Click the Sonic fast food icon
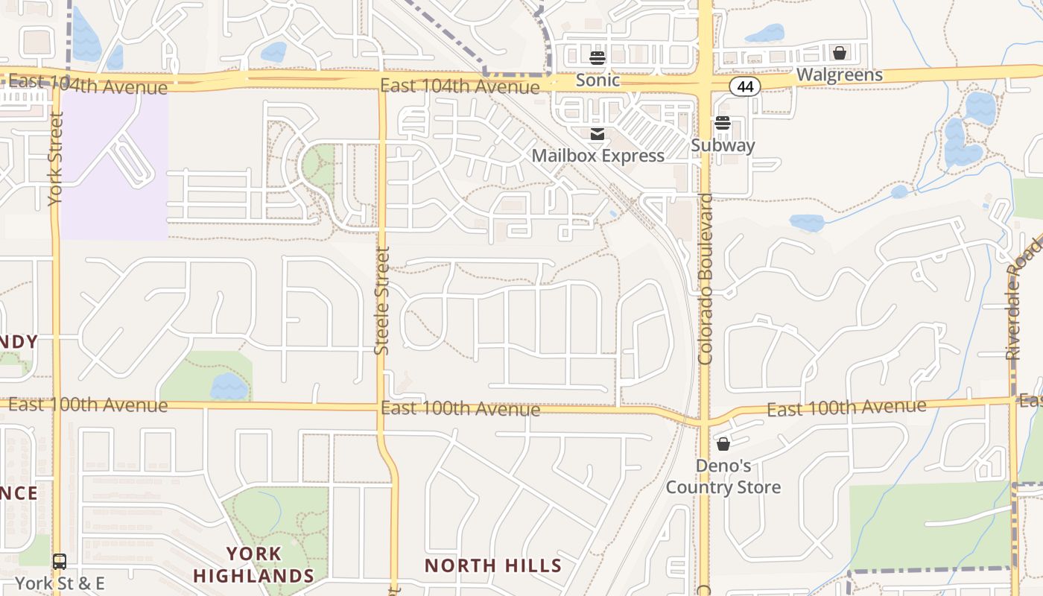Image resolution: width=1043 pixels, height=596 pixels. tap(597, 58)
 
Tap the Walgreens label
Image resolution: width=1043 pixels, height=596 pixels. tap(839, 74)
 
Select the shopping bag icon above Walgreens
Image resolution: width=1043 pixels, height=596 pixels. tap(840, 53)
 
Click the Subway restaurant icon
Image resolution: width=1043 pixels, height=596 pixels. tap(723, 124)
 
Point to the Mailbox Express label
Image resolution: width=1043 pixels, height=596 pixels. tap(597, 156)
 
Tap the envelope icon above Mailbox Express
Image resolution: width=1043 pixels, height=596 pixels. tap(597, 134)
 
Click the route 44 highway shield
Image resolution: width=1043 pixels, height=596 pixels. tap(744, 86)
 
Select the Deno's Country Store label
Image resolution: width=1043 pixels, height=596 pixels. tap(723, 477)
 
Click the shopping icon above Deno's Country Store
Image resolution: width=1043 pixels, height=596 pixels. tap(723, 445)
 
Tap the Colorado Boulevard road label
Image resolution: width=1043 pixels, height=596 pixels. tap(706, 279)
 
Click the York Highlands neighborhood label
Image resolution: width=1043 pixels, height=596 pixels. tap(253, 565)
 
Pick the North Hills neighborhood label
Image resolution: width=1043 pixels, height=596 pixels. tap(493, 565)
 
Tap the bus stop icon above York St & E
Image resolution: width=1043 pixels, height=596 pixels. tap(60, 562)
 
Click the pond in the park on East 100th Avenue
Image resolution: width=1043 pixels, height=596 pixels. tap(229, 387)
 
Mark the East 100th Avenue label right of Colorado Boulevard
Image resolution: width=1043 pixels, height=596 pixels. tap(846, 408)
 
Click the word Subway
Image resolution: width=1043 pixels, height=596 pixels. tap(723, 145)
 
